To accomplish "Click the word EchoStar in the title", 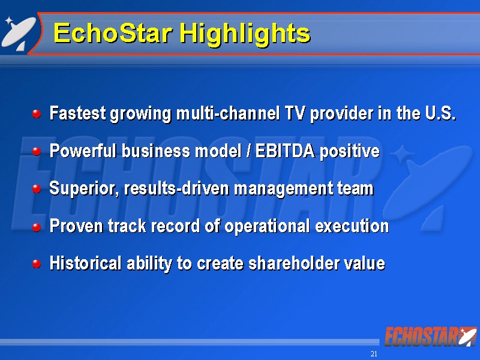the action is point(113,33).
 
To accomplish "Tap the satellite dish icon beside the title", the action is point(19,34).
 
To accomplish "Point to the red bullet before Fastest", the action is point(37,114).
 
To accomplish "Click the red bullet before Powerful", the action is point(37,152).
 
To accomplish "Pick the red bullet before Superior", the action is point(37,189).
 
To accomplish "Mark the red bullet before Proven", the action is point(37,227).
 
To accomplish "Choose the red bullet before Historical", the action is point(37,264).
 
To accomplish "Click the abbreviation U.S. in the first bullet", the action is point(440,113).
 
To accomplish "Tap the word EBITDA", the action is point(285,151).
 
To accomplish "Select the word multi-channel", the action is point(228,113).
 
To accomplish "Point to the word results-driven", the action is point(176,188).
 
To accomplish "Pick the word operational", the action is point(267,227).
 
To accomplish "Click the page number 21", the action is point(374,354).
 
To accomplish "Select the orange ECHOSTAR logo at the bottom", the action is point(430,337).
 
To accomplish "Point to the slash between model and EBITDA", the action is point(248,151).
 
